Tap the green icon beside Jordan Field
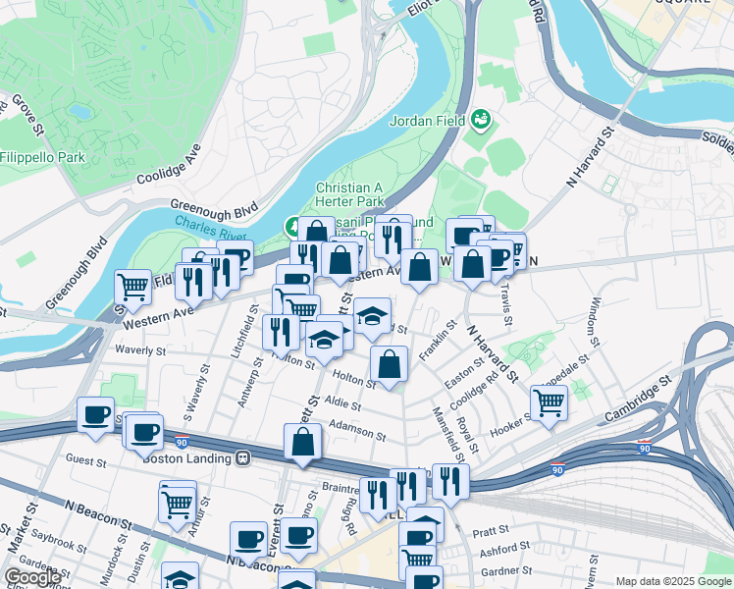(480, 120)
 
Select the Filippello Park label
(42, 157)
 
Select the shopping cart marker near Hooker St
(549, 401)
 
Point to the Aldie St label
(342, 404)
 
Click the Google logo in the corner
(32, 577)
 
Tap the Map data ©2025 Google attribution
(673, 581)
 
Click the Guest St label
(85, 458)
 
